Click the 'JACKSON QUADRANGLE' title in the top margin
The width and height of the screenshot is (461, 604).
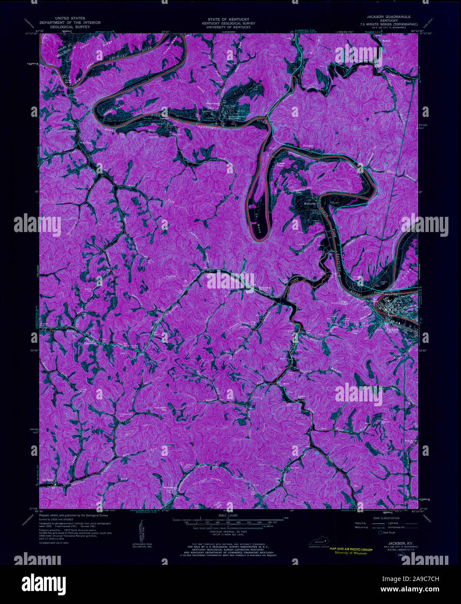[x=389, y=16]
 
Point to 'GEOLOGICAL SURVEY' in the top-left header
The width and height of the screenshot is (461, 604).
[x=70, y=27]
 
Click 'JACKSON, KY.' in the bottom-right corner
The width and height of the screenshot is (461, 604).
[x=394, y=544]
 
